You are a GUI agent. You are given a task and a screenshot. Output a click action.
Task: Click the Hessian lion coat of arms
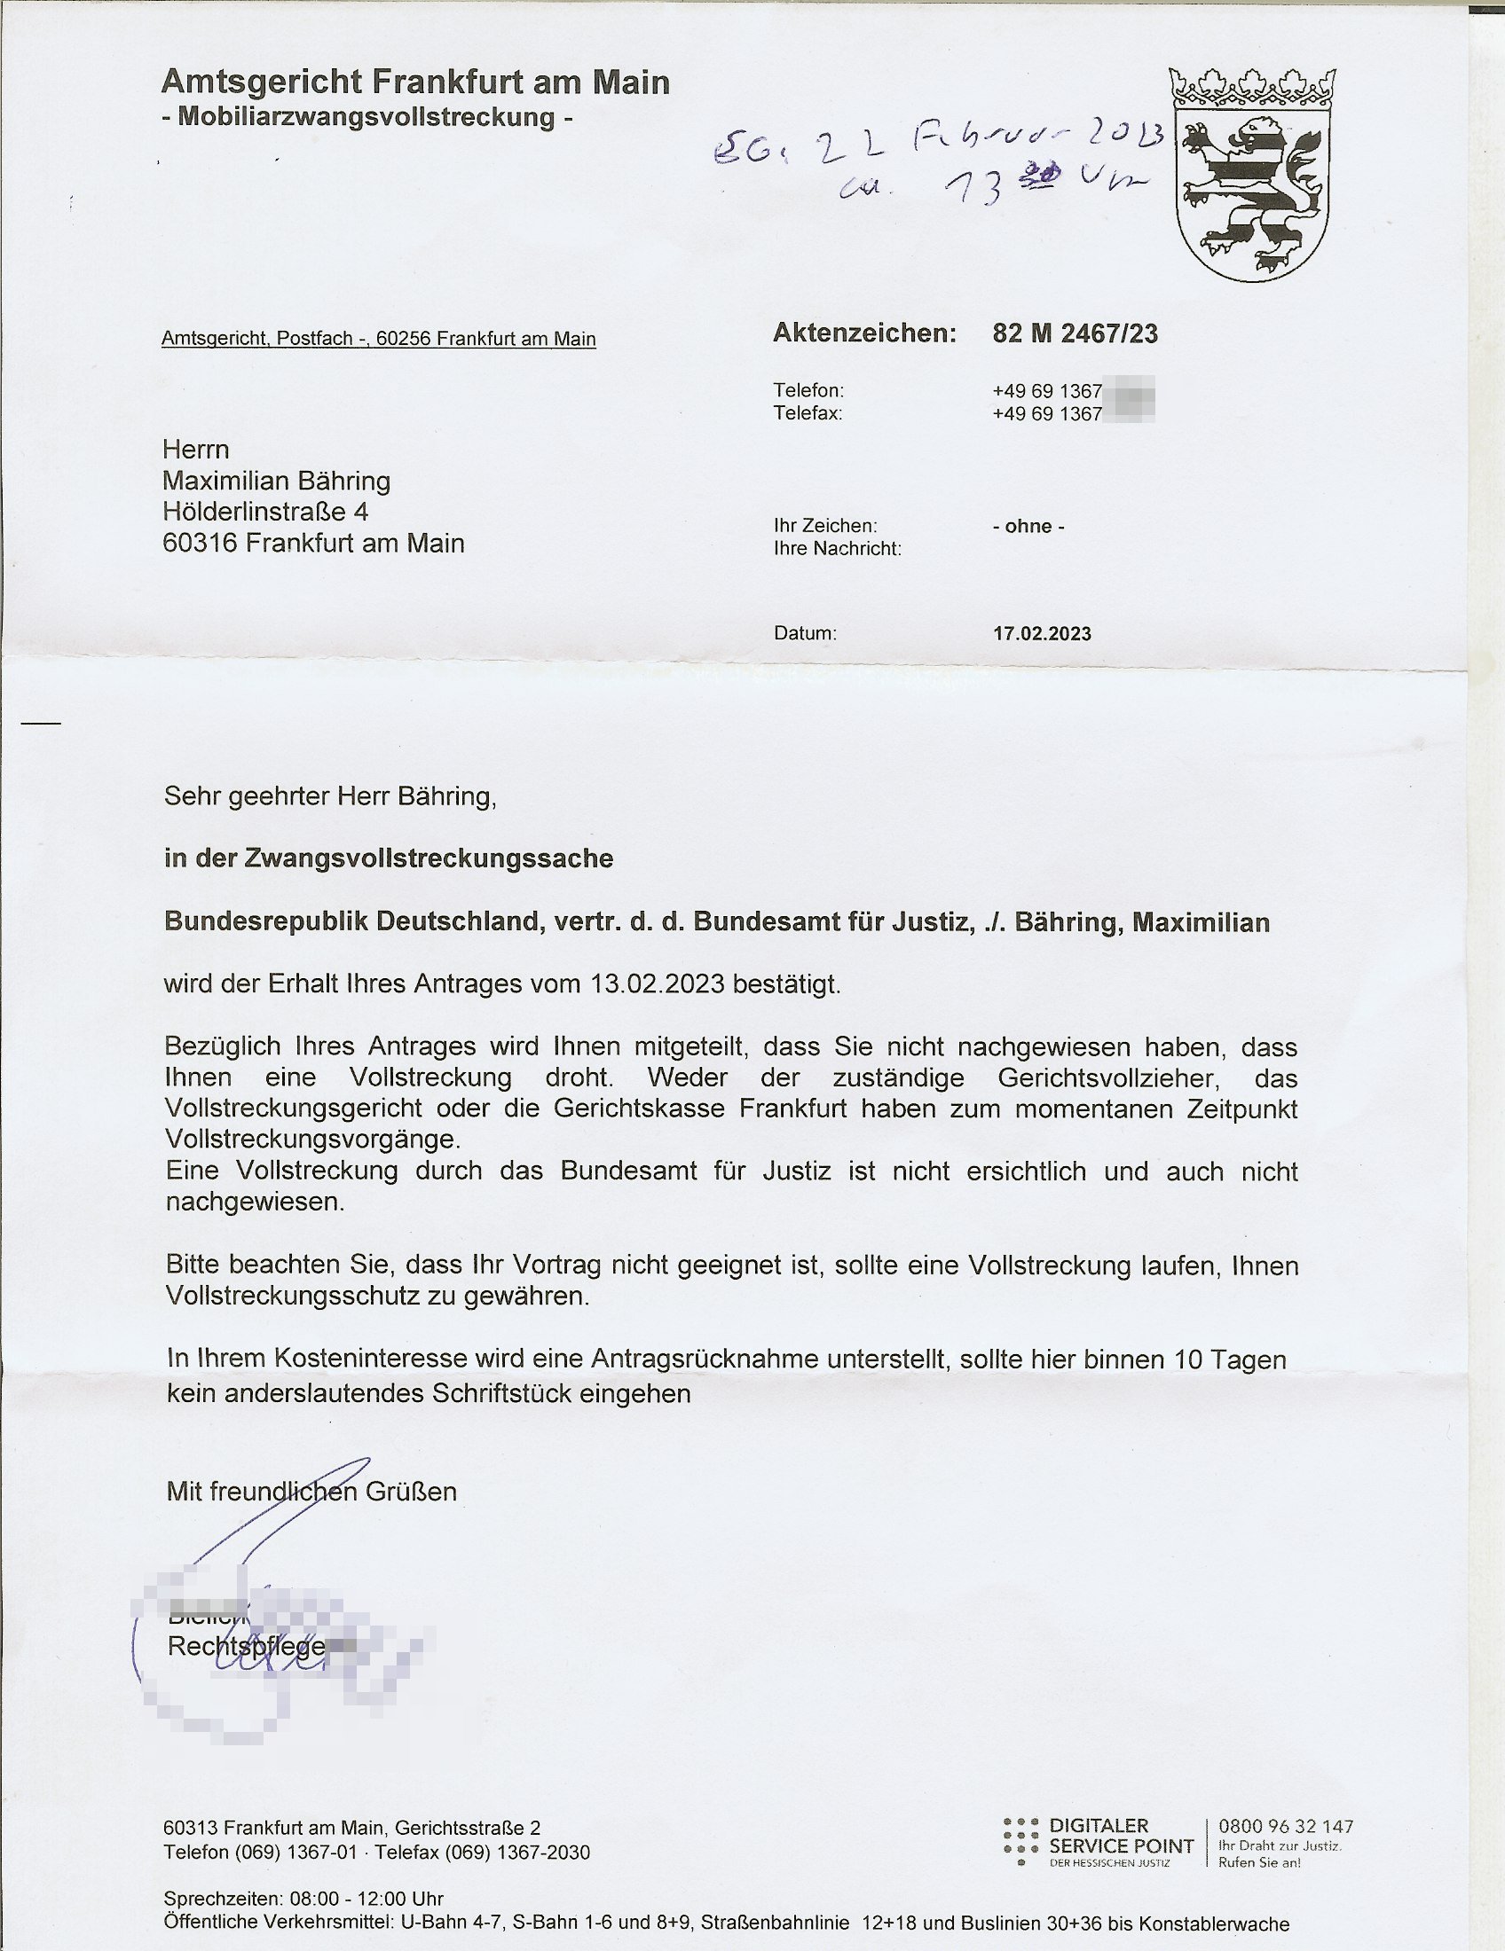click(x=1251, y=175)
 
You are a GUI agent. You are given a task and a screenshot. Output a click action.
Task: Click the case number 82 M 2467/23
click(x=1075, y=334)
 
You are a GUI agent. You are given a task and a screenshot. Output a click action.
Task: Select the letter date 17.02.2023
click(x=1041, y=634)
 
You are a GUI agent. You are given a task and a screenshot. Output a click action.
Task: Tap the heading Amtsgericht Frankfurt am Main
click(x=414, y=83)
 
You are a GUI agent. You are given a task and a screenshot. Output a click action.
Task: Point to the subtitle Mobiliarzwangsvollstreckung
click(x=366, y=117)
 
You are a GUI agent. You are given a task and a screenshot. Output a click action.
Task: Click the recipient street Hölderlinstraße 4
click(x=265, y=512)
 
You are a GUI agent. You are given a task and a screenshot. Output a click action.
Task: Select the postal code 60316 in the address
click(x=200, y=543)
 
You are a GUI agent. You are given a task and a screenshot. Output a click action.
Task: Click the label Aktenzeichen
click(x=863, y=334)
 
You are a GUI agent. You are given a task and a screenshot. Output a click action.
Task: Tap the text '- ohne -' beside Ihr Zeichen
click(x=1028, y=526)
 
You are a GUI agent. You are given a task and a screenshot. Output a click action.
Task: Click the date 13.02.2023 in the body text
click(x=657, y=984)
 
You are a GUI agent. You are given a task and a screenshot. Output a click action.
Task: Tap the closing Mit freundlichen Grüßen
click(x=311, y=1492)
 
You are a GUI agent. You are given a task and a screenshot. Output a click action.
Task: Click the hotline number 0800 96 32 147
click(x=1285, y=1827)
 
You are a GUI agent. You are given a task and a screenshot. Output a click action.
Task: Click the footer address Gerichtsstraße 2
click(x=468, y=1829)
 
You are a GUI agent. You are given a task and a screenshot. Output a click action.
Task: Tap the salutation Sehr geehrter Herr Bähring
click(x=330, y=796)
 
